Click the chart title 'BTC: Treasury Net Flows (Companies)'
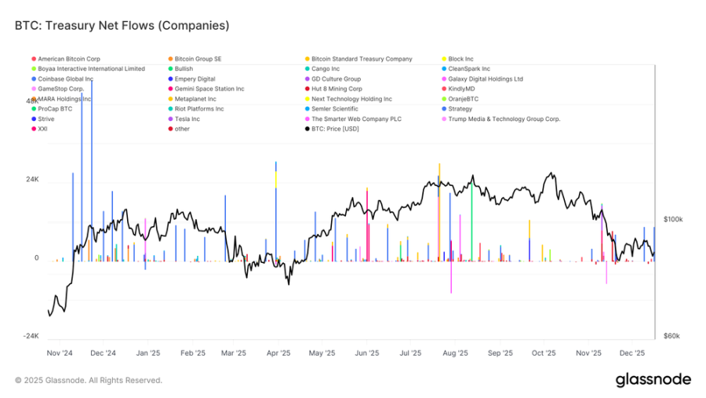(x=122, y=25)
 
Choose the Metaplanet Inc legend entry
(x=195, y=99)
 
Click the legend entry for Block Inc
(x=460, y=59)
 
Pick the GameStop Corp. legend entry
(x=60, y=89)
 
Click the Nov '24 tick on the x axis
(x=60, y=353)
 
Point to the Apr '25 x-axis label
(x=278, y=353)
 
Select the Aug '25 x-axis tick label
(x=455, y=353)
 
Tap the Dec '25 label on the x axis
(x=631, y=353)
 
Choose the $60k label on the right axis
(x=671, y=336)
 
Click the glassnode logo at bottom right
(x=653, y=380)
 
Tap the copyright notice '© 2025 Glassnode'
(x=88, y=380)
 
